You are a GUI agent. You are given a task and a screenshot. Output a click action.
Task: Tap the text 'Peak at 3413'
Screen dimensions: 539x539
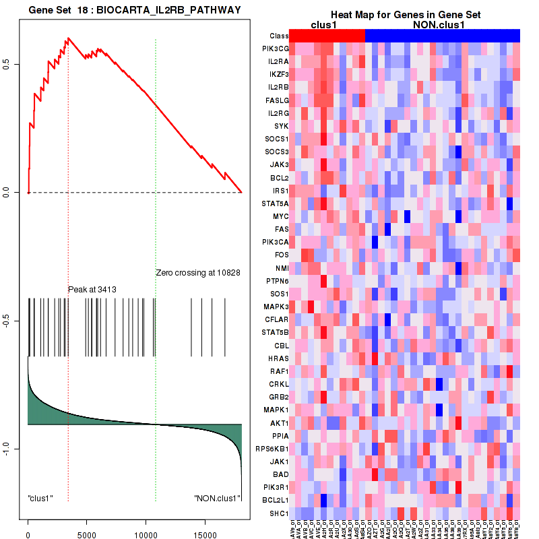(92, 290)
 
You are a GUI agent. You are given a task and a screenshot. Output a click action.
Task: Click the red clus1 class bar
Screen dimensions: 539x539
(327, 36)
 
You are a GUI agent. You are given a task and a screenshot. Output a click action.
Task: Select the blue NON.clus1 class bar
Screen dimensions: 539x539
(442, 36)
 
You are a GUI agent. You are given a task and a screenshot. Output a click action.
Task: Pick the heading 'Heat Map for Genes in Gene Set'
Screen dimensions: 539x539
(404, 15)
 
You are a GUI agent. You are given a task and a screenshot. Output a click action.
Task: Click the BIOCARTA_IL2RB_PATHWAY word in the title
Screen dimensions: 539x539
(169, 9)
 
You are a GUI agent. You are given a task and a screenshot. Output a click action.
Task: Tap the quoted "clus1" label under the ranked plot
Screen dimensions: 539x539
(40, 499)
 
